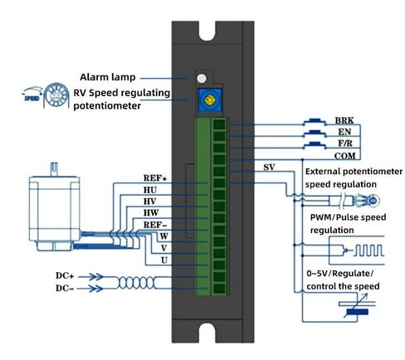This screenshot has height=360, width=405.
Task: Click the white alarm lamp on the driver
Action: click(x=202, y=78)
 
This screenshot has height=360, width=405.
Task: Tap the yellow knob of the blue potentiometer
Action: click(x=210, y=100)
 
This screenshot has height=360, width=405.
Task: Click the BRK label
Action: click(x=344, y=120)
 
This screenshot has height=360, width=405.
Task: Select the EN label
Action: click(x=344, y=132)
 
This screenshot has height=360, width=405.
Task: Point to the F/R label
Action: click(x=345, y=144)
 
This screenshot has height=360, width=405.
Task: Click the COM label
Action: click(x=344, y=156)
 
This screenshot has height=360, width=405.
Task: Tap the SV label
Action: click(x=269, y=168)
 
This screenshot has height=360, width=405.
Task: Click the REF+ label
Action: click(x=155, y=178)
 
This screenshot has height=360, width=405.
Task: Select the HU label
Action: click(x=150, y=190)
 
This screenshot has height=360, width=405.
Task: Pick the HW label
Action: click(x=151, y=213)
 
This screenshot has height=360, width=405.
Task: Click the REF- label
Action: click(x=155, y=225)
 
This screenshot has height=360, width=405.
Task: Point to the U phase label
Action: click(x=164, y=260)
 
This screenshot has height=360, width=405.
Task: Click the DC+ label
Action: click(x=65, y=275)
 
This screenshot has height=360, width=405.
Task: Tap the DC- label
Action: click(x=65, y=288)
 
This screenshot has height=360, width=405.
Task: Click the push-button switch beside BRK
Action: click(x=315, y=122)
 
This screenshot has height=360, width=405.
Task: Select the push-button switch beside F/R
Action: click(x=315, y=144)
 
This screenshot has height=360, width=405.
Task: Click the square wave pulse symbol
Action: click(x=368, y=251)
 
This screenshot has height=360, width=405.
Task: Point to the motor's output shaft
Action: click(x=54, y=169)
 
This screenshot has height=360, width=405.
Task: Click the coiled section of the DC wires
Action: click(x=137, y=283)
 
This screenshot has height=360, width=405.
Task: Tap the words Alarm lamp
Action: click(x=108, y=77)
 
